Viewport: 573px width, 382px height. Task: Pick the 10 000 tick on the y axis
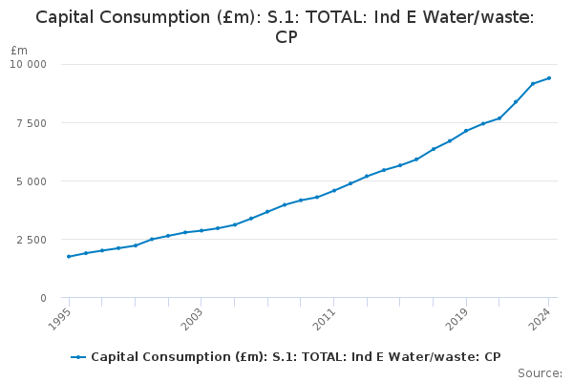tap(29, 64)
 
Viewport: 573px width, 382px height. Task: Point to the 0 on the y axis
tap(42, 298)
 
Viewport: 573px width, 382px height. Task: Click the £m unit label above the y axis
tap(19, 50)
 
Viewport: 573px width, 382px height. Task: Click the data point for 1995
tap(69, 256)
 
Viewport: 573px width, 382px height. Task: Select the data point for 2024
tap(549, 78)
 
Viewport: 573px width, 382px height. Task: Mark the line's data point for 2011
tap(333, 190)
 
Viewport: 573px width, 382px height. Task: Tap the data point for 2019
tap(466, 131)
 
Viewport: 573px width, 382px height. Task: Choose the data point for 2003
tap(202, 230)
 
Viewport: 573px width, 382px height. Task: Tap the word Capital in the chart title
tap(67, 17)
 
